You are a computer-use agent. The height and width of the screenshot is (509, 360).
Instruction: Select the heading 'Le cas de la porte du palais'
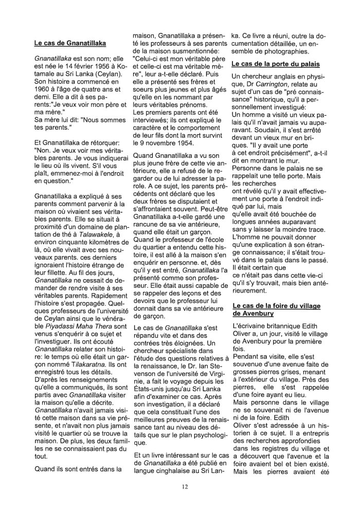coord(276,64)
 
